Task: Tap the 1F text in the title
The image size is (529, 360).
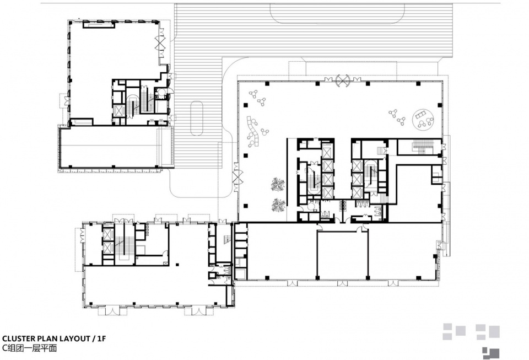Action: coord(101,338)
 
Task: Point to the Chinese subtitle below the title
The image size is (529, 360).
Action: coord(29,348)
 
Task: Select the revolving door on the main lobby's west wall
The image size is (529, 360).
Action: coord(237,176)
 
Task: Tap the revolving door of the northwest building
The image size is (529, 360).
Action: coord(160,42)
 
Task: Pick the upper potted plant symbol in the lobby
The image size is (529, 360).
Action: coord(278,185)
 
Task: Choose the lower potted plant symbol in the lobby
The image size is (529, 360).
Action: coord(279,205)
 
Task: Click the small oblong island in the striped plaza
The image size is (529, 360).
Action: coord(197,118)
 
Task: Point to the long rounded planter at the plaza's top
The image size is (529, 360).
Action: coord(337,13)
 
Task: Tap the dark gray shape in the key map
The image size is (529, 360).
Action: coord(491,353)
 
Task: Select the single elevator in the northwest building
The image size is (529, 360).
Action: coord(120,111)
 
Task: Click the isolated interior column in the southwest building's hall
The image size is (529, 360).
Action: coord(176,264)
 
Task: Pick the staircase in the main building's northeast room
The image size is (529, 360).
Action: coord(420,147)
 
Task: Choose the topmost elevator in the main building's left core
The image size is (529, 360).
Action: coord(327,152)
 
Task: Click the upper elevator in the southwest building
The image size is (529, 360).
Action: coord(107,234)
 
